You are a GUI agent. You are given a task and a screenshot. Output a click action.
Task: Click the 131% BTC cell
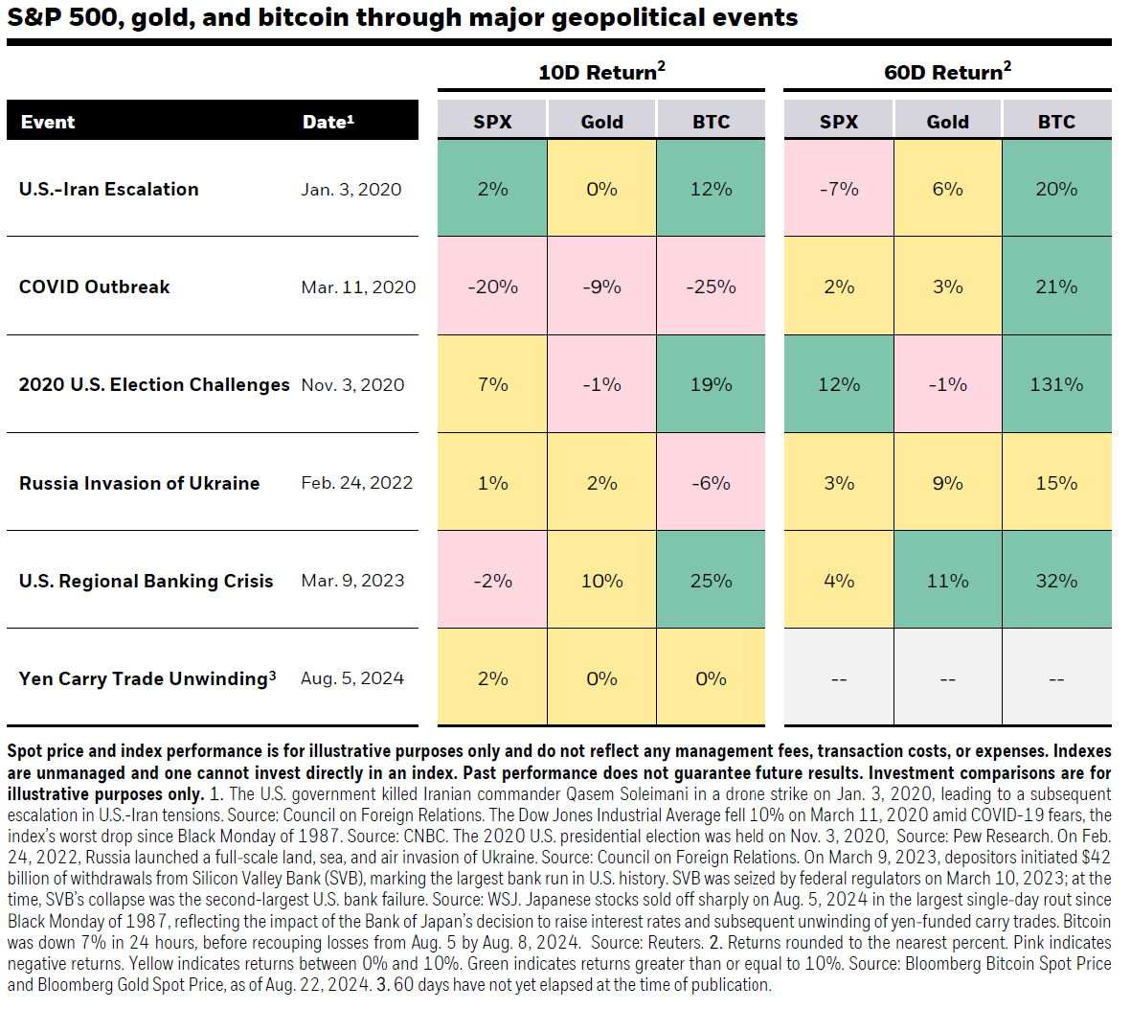pyautogui.click(x=1056, y=384)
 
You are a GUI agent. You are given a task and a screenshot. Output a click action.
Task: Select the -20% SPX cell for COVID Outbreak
pyautogui.click(x=492, y=287)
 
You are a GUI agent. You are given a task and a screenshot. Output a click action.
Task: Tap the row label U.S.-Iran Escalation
pyautogui.click(x=109, y=189)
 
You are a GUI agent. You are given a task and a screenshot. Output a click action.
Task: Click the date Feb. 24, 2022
pyautogui.click(x=356, y=483)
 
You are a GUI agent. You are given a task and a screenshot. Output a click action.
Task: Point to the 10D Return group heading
pyautogui.click(x=600, y=72)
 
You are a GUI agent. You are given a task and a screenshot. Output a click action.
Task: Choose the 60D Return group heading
pyautogui.click(x=947, y=72)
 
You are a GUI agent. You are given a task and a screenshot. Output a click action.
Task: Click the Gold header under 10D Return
pyautogui.click(x=601, y=122)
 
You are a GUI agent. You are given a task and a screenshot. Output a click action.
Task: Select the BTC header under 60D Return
pyautogui.click(x=1056, y=122)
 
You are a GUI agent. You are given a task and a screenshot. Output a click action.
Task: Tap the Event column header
pyautogui.click(x=48, y=122)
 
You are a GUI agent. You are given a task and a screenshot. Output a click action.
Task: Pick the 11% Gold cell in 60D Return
pyautogui.click(x=947, y=581)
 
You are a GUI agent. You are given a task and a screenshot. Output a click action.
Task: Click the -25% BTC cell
pyautogui.click(x=711, y=287)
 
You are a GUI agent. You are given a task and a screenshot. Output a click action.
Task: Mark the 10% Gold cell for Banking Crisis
pyautogui.click(x=601, y=581)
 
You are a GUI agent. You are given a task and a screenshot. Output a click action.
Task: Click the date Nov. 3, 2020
pyautogui.click(x=352, y=384)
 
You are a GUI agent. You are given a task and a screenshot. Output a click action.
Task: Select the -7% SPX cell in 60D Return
pyautogui.click(x=839, y=189)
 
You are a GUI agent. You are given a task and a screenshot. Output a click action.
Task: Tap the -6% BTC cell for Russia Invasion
pyautogui.click(x=711, y=483)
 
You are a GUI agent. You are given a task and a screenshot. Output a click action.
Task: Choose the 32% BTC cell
pyautogui.click(x=1056, y=581)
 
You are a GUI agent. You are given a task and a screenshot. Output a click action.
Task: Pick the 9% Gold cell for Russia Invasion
pyautogui.click(x=947, y=483)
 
